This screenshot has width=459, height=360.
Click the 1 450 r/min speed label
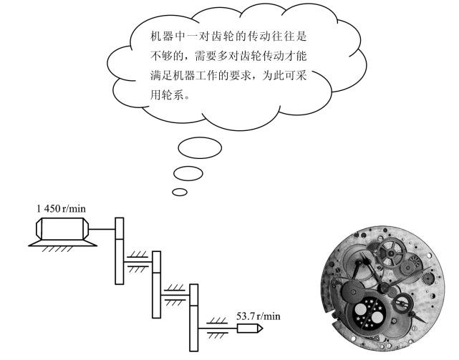(61, 208)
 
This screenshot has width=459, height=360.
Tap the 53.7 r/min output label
(259, 316)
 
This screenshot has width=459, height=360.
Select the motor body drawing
(62, 228)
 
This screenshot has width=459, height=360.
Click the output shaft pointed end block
(250, 329)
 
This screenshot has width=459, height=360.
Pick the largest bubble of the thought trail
(200, 148)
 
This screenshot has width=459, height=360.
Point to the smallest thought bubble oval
(180, 192)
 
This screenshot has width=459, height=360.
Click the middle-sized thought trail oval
(188, 173)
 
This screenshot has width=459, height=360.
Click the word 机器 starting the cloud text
(162, 37)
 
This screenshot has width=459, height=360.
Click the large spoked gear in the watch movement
(392, 253)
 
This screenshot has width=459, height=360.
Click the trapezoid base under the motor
(62, 242)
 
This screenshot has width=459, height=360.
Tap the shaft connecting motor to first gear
(102, 229)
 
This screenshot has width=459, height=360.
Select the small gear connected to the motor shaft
(119, 228)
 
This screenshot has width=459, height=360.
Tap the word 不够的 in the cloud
(167, 56)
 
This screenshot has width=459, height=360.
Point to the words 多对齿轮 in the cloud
(239, 56)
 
